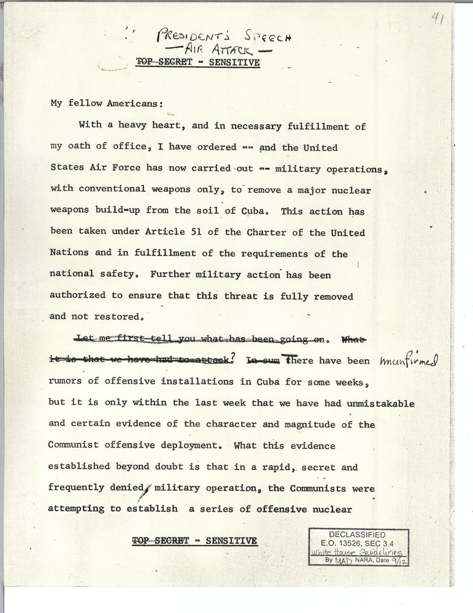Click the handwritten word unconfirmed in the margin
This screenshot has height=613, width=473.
tap(409, 361)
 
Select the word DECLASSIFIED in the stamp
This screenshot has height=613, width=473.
tap(357, 535)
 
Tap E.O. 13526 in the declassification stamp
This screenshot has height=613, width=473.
tap(339, 543)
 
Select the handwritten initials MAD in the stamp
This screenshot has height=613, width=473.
tap(344, 560)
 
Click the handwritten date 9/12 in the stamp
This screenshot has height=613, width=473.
tap(399, 560)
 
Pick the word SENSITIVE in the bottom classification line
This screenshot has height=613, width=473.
tap(231, 541)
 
